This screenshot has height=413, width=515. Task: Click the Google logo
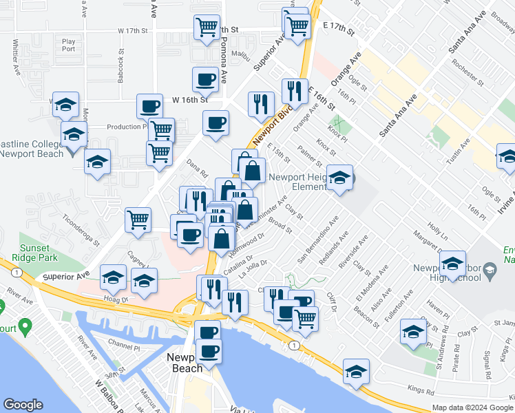tap(23, 405)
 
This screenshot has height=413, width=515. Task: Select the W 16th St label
tap(190, 100)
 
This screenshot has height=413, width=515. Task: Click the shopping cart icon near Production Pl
tap(161, 129)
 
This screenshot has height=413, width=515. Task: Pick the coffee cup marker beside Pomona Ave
tap(205, 80)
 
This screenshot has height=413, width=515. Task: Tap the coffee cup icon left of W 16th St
tap(149, 106)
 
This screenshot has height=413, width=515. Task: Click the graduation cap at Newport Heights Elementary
tap(339, 178)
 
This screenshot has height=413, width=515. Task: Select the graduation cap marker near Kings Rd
tap(356, 372)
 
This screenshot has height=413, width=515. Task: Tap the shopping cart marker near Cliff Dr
tap(305, 319)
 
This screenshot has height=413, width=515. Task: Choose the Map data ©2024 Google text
tap(472, 407)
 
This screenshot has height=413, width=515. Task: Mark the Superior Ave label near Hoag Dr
tap(67, 275)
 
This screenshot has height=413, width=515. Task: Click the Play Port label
tap(68, 45)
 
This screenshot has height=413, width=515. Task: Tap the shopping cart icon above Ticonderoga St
tap(138, 220)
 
